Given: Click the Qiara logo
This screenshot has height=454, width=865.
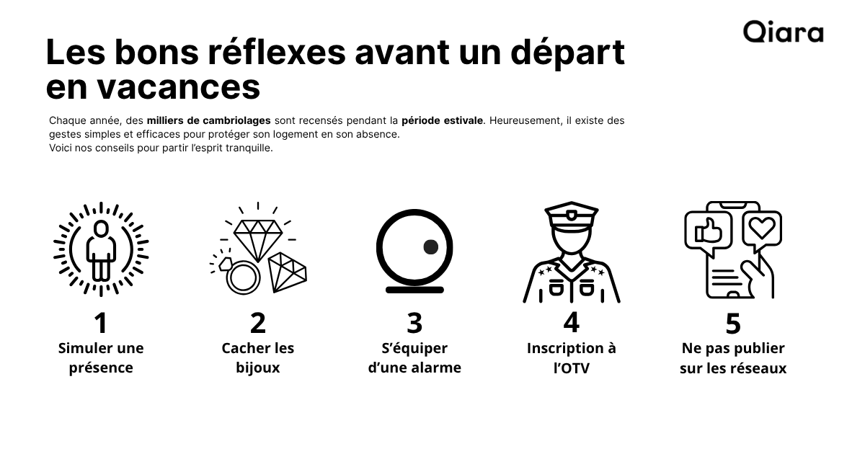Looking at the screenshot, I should (x=783, y=32).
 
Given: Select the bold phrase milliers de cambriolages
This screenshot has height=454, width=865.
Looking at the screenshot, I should (x=209, y=120).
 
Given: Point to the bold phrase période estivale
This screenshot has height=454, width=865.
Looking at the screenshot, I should (x=442, y=120).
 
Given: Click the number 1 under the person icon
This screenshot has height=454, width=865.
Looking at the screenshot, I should (x=101, y=323).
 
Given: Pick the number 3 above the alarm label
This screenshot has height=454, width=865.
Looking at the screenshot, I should (x=414, y=323).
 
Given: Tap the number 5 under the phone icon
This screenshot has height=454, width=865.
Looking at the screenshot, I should (x=732, y=324).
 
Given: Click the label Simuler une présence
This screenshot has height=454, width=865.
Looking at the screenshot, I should (x=101, y=358).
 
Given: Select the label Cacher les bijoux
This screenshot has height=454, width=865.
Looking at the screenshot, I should (x=258, y=358).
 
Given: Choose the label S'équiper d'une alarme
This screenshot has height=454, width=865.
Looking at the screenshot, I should (x=414, y=358).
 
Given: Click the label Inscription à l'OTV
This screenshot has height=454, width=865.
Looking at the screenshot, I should (x=571, y=358).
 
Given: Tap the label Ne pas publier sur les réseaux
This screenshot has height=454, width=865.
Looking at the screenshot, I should (x=732, y=358).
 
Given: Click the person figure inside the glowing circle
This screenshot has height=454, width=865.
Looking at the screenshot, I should (x=101, y=249).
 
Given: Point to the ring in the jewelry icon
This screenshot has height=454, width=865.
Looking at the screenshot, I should (x=241, y=277).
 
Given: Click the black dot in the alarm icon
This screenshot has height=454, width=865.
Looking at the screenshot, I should (x=430, y=246).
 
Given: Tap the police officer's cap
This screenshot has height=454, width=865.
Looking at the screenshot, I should (x=571, y=215).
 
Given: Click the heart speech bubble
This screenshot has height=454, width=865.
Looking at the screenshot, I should (x=761, y=228).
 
